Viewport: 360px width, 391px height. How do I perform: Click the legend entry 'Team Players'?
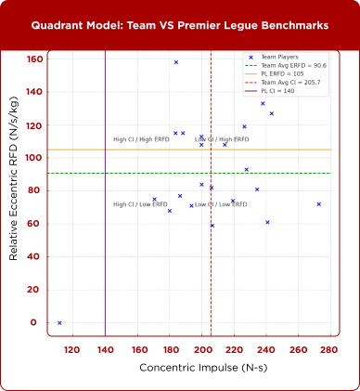(280, 58)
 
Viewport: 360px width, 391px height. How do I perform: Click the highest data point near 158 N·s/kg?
(176, 62)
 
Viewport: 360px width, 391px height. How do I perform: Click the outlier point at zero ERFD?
(59, 323)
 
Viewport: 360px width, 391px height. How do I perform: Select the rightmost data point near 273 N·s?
(318, 204)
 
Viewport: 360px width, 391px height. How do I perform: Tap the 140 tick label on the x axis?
(105, 350)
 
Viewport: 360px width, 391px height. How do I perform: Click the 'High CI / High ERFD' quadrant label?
(140, 139)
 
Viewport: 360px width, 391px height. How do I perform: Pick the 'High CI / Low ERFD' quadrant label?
(140, 204)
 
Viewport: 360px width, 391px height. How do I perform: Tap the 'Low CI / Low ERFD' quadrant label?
(221, 204)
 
